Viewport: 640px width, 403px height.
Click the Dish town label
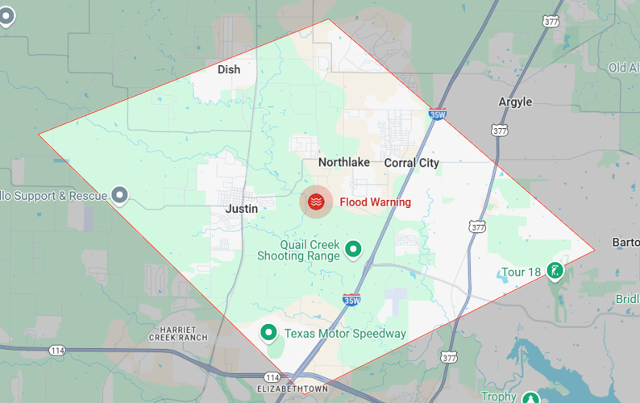pos(229,69)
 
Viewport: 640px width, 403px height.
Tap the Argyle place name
pos(515,102)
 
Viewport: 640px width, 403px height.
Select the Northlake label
pos(343,162)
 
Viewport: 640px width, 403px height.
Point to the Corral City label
pos(411,163)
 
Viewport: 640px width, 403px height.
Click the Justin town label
pos(242,209)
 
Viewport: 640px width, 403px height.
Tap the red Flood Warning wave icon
pos(317,202)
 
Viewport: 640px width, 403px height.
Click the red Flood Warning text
pos(375,202)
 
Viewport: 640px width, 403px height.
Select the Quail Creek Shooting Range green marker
pos(352,251)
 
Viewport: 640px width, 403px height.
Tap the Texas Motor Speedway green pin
pos(268,332)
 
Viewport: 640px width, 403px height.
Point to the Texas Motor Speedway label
pos(344,334)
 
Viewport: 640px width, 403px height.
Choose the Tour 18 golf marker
pos(555,271)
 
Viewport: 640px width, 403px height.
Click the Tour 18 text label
pos(521,272)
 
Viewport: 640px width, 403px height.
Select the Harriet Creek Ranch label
pos(178,333)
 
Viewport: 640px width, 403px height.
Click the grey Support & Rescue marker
pos(120,195)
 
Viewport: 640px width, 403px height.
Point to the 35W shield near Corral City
pos(438,114)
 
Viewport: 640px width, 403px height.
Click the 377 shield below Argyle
pos(500,129)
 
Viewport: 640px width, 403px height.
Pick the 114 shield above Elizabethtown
pos(271,377)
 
